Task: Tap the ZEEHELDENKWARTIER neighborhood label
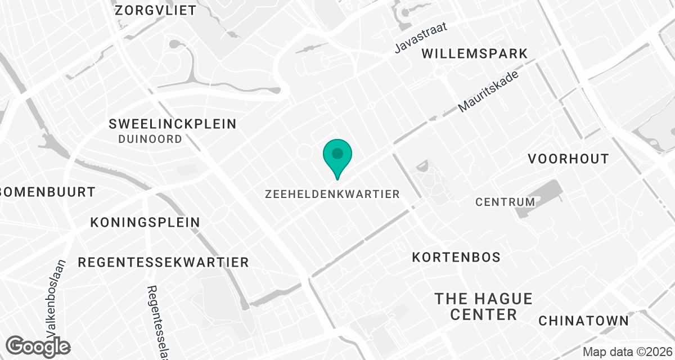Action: coord(332,194)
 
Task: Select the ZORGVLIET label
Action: coord(155,10)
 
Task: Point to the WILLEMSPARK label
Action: coord(475,53)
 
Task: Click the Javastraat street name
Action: coord(421,38)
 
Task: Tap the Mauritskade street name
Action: coord(488,91)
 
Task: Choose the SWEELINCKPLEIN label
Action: coord(173,124)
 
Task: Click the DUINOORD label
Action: coord(150,139)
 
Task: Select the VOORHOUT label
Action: coord(568,159)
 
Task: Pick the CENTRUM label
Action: coord(505,201)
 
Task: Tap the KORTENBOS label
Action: coord(456,257)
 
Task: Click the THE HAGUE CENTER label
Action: coord(483,307)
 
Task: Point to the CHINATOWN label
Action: coord(583,321)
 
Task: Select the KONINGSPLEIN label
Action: coord(145,222)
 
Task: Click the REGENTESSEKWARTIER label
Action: coord(163,262)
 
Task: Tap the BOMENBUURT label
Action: coord(48,192)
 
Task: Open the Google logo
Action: coord(38,346)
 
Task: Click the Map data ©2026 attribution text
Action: coord(627,353)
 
